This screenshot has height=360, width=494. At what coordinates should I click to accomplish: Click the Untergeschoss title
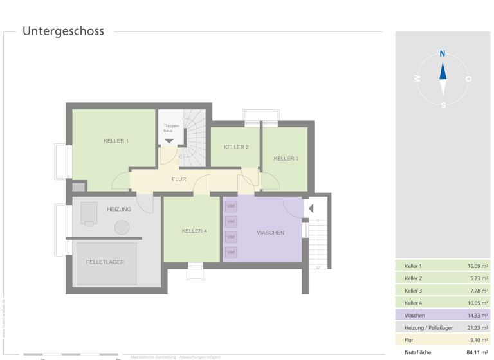pos(63,32)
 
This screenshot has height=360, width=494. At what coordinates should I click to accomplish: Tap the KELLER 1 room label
pos(116,141)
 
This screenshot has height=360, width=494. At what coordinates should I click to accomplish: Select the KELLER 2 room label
pos(236,147)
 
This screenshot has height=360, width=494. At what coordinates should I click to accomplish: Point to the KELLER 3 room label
pos(286,159)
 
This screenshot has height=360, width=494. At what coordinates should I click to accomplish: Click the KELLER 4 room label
pos(194,231)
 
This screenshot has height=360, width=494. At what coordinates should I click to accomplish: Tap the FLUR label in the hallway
pos(179,179)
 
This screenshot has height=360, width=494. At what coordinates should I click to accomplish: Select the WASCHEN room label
pos(270,233)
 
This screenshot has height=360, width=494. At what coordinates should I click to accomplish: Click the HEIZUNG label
pos(119,210)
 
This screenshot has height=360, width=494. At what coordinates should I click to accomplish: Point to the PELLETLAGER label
pos(105,262)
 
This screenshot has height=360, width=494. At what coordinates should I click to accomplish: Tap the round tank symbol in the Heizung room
pos(122,227)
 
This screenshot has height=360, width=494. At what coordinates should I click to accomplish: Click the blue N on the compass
pos(443,54)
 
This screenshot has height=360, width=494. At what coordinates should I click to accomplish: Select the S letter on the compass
pos(443,105)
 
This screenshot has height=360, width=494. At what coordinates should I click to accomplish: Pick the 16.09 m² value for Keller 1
pos(477,266)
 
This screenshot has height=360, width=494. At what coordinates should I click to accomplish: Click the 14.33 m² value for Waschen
pos(477,316)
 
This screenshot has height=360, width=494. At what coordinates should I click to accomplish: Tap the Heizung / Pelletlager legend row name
pos(428,328)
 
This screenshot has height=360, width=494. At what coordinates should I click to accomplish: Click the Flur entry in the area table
pos(410,340)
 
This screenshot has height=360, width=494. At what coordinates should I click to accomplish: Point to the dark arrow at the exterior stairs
pos(311,209)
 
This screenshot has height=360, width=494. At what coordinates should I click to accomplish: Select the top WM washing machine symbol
pos(231,206)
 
